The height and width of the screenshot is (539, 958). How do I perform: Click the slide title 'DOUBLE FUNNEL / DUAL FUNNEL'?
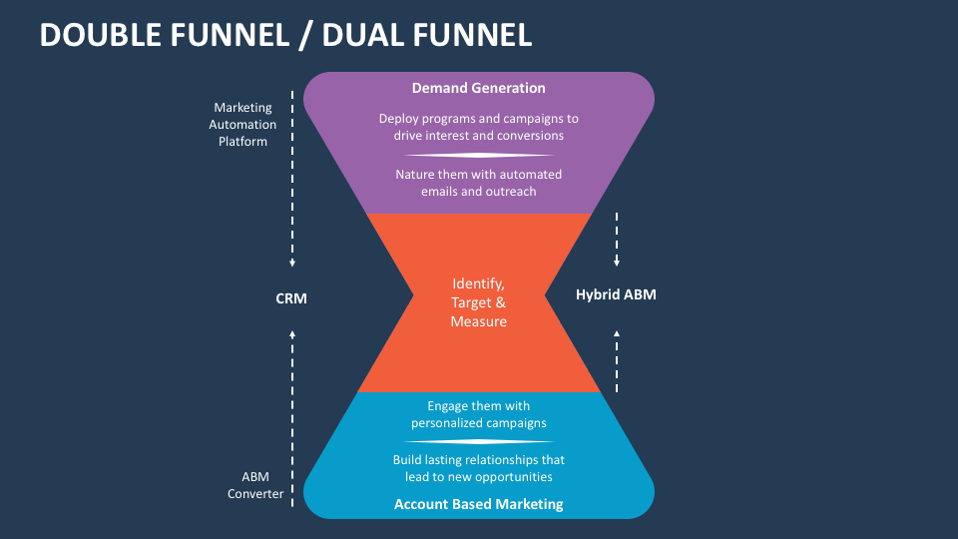point(285,35)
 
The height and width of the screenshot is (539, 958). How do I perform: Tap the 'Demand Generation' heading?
point(479,88)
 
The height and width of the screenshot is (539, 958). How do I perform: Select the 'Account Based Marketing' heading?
point(479,504)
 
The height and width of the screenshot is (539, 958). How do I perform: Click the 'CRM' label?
point(291,297)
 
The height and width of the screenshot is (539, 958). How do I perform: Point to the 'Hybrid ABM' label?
point(616,294)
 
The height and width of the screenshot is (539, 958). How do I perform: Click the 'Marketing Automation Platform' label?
point(243,125)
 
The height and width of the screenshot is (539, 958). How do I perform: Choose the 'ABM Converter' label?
point(255,485)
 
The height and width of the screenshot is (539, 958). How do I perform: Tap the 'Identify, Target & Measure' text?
point(479,302)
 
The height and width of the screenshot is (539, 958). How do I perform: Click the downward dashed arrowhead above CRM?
point(292,264)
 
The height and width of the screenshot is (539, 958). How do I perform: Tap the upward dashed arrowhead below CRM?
point(292,334)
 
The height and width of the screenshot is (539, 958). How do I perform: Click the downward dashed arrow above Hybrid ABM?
point(617,240)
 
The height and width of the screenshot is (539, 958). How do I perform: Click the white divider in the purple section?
point(479,155)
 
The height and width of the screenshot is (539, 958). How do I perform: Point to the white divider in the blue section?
point(479,441)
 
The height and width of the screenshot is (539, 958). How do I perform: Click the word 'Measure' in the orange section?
point(479,321)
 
